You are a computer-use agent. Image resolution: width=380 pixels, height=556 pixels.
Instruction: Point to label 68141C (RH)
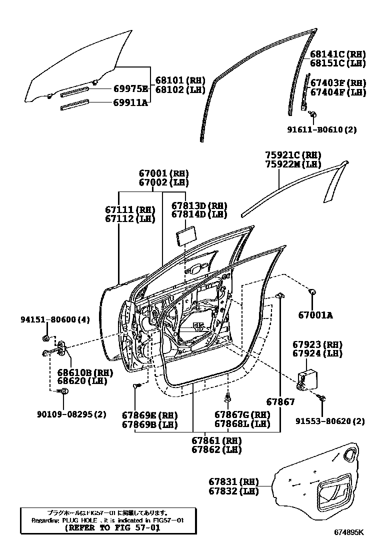(337, 54)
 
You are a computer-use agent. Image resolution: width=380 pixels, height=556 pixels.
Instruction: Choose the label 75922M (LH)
(292, 164)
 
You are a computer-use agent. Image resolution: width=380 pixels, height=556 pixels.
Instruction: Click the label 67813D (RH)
(199, 205)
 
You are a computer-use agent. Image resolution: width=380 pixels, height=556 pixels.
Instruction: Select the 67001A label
(315, 315)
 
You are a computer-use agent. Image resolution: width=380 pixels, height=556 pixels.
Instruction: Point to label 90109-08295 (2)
(71, 414)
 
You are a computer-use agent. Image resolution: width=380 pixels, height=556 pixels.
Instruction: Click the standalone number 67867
(280, 401)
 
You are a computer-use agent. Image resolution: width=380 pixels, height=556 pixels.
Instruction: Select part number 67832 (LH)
(233, 491)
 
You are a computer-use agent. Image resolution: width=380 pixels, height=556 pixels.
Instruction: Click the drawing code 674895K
(349, 545)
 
